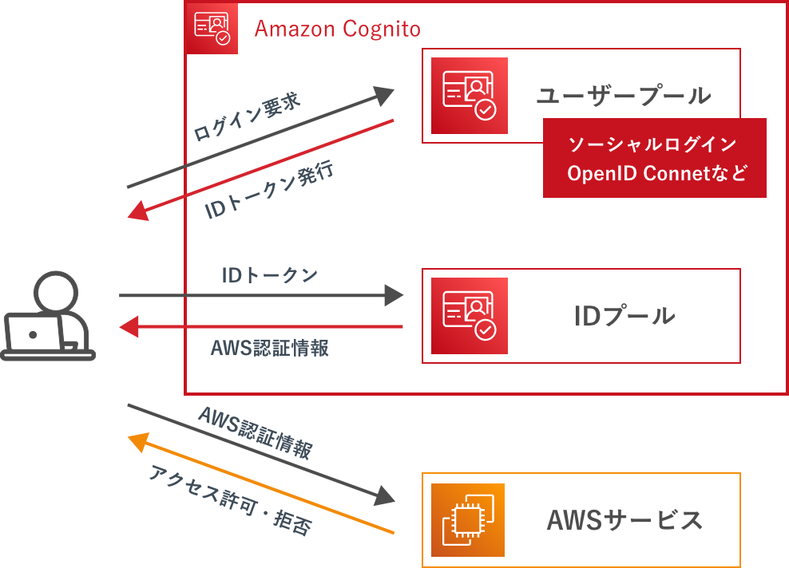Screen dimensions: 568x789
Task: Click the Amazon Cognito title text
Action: tap(337, 30)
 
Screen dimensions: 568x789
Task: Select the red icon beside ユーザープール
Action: tap(469, 96)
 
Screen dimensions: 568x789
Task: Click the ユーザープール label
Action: tap(623, 96)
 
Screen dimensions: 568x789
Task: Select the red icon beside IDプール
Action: tap(469, 316)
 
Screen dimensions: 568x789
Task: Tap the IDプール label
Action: tap(624, 316)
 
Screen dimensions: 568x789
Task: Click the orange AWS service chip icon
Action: tap(469, 520)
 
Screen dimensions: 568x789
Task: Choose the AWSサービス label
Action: tap(624, 520)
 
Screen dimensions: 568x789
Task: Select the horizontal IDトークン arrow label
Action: tap(269, 275)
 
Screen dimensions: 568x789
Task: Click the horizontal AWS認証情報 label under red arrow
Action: tap(269, 349)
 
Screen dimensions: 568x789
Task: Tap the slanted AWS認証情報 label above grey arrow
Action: tap(254, 432)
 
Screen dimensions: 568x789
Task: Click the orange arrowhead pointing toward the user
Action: tap(138, 440)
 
